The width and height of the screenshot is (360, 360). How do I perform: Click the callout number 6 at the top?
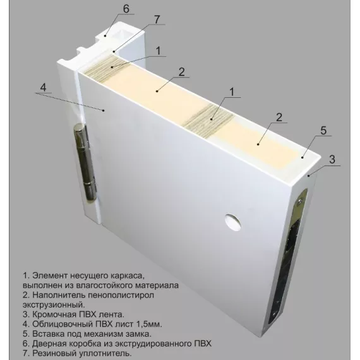(126, 9)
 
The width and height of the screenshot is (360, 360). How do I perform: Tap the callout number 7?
(157, 20)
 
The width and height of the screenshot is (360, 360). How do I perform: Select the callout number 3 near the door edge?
(332, 159)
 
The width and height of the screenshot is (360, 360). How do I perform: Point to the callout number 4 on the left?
(43, 88)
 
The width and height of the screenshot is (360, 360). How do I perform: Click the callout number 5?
(323, 130)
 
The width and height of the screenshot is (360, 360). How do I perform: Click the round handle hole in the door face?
(233, 222)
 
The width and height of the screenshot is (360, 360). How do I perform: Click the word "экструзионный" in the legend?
(54, 304)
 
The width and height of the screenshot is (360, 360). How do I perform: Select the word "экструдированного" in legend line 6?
(151, 344)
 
